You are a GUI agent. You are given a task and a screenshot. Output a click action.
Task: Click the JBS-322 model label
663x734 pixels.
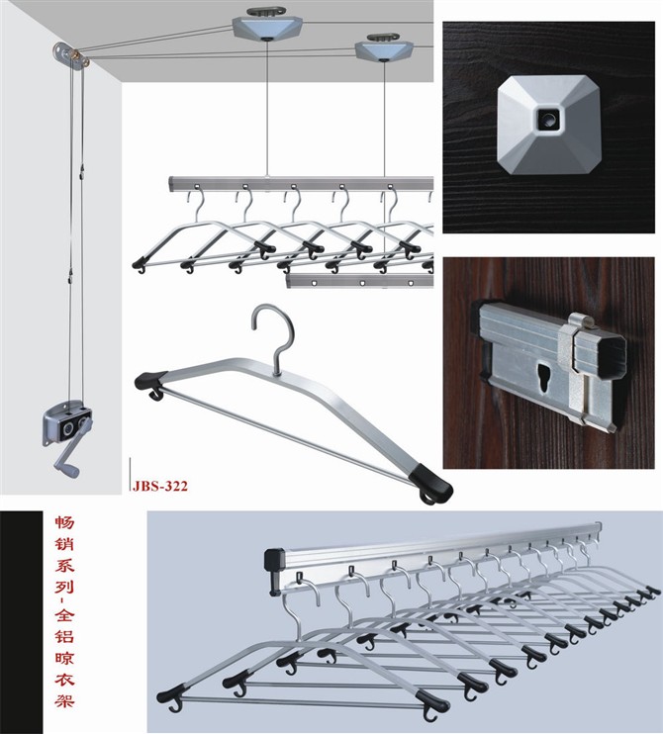pyautogui.click(x=160, y=486)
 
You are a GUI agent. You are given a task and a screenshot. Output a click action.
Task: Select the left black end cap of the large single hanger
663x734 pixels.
pyautogui.click(x=151, y=384)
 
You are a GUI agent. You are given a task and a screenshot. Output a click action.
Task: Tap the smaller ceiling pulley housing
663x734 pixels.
pyautogui.click(x=384, y=50)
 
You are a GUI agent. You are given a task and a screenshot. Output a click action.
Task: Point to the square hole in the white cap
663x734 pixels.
pyautogui.click(x=548, y=119)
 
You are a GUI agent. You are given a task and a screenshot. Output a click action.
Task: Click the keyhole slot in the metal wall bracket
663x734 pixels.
pyautogui.click(x=544, y=377)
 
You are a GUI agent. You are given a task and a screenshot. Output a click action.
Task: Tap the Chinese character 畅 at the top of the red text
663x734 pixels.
pyautogui.click(x=64, y=522)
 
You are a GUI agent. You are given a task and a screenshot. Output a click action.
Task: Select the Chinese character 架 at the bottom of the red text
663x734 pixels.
pyautogui.click(x=64, y=700)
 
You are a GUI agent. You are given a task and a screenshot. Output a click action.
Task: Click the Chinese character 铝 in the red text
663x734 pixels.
pyautogui.click(x=64, y=635)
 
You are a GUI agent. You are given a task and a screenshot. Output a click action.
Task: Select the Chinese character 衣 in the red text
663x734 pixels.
pyautogui.click(x=64, y=679)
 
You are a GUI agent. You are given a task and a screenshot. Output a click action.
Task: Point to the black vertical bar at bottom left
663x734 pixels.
pyautogui.click(x=21, y=622)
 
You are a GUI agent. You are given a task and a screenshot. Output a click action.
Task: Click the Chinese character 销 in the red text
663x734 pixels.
pyautogui.click(x=64, y=544)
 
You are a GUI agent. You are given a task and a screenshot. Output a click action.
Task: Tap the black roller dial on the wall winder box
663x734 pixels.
pyautogui.click(x=68, y=428)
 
